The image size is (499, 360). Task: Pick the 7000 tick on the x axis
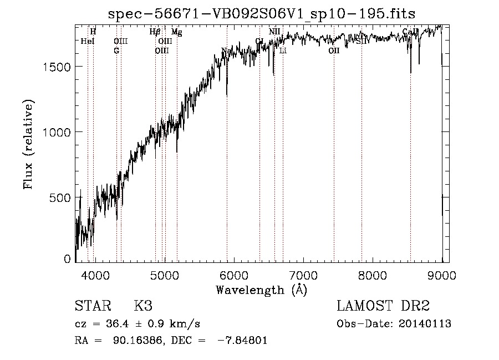point(303,275)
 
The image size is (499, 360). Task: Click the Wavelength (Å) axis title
point(261,290)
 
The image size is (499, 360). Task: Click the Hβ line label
point(155,32)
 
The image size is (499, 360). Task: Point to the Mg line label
point(176,32)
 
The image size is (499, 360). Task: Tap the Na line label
point(226,51)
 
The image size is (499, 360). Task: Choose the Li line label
point(283,51)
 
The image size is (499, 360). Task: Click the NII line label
point(274,32)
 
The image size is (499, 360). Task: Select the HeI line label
point(88,41)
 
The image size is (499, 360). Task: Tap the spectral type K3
point(142,306)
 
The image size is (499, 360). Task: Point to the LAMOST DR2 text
point(383,306)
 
